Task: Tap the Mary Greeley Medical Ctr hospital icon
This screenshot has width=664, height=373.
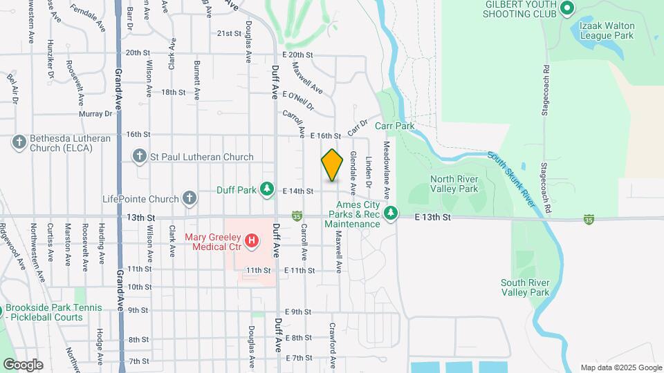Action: pyautogui.click(x=252, y=241)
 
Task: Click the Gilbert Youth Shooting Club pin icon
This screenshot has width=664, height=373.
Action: pyautogui.click(x=567, y=9)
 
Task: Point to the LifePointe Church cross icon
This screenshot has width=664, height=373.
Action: pyautogui.click(x=190, y=200)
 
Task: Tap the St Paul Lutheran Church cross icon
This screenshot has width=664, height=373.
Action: pyautogui.click(x=140, y=157)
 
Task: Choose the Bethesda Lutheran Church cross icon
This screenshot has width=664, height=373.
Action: pyautogui.click(x=19, y=142)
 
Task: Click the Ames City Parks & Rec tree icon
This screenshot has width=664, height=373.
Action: pyautogui.click(x=391, y=213)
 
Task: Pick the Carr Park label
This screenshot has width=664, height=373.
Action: pyautogui.click(x=394, y=126)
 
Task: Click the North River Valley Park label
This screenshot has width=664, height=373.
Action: pyautogui.click(x=454, y=184)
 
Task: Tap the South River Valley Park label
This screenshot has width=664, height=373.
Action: pyautogui.click(x=526, y=287)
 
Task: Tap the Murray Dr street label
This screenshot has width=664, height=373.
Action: pyautogui.click(x=95, y=114)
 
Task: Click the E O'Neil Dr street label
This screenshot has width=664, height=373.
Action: pyautogui.click(x=299, y=101)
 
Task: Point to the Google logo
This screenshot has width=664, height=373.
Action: pyautogui.click(x=23, y=365)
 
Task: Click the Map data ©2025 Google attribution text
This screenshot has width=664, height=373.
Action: pyautogui.click(x=620, y=367)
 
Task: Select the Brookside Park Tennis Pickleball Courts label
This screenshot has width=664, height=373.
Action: pyautogui.click(x=54, y=312)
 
